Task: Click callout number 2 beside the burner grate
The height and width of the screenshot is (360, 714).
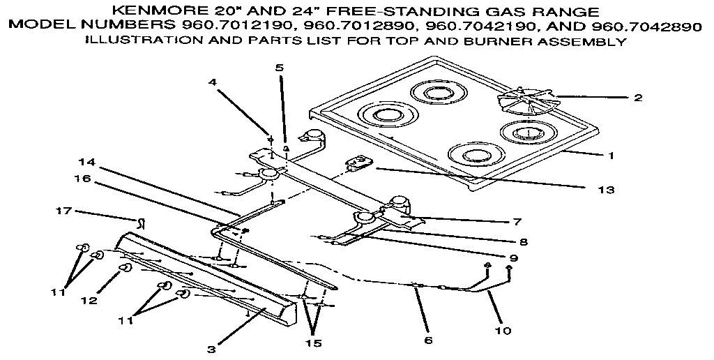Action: coord(637,98)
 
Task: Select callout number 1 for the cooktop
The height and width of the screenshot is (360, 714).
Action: coord(612,156)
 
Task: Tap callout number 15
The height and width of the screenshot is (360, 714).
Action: coord(314,343)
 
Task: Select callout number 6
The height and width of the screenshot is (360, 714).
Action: coord(427,340)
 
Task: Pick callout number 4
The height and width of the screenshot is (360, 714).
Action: coord(213,82)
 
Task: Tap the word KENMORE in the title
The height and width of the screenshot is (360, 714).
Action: coord(158,12)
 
